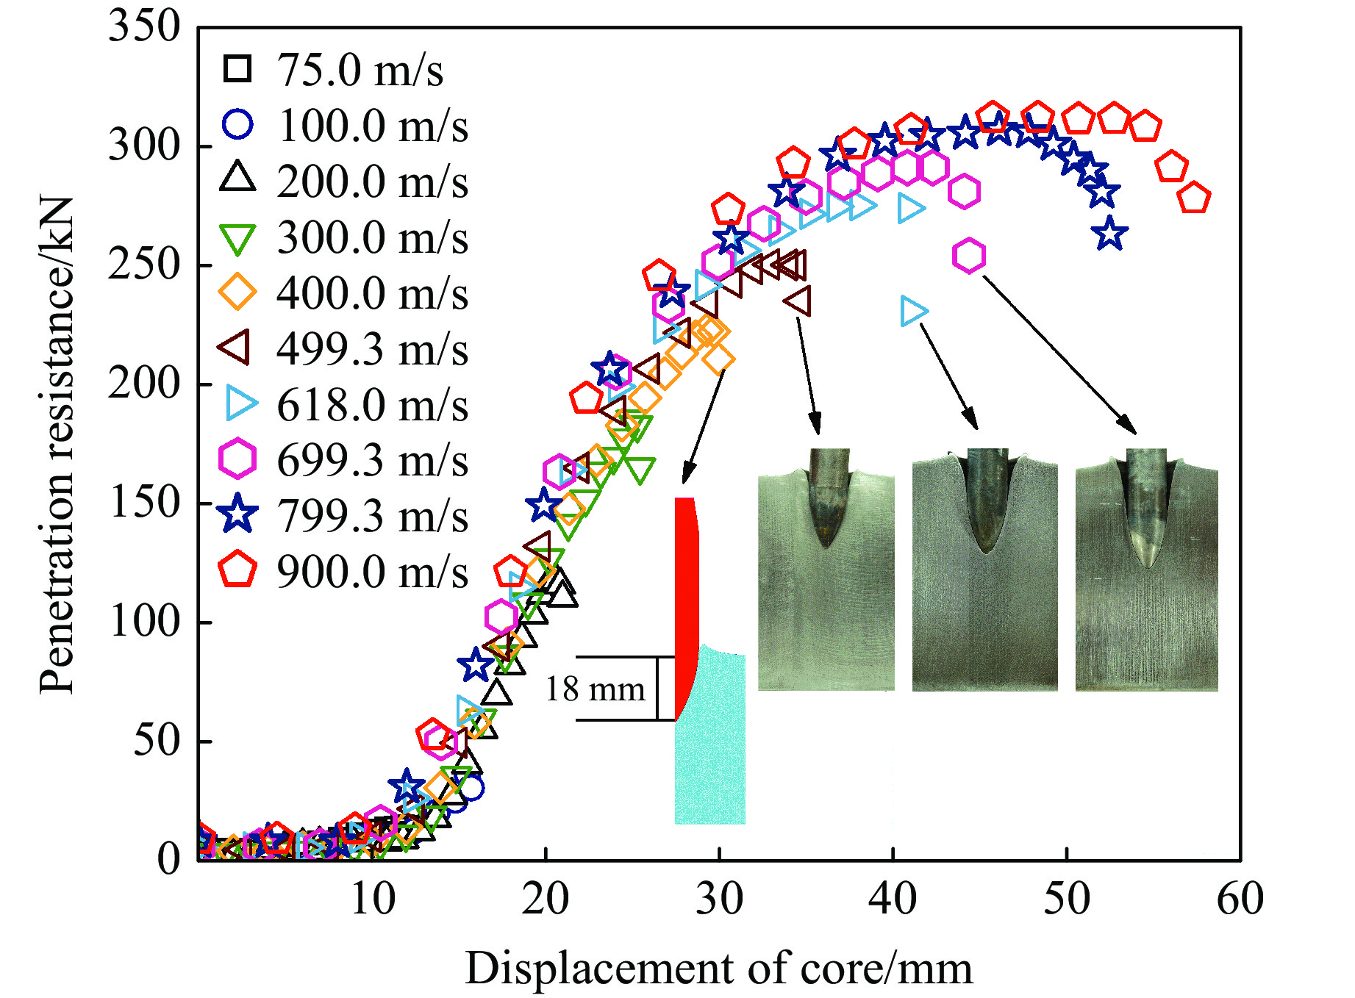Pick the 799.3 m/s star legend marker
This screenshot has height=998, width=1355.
pos(237,514)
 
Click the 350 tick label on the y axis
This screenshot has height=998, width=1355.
pos(144,26)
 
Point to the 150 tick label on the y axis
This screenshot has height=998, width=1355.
pos(144,503)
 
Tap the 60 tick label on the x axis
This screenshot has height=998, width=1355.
pos(1240,900)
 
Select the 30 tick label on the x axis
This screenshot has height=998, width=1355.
pos(719,900)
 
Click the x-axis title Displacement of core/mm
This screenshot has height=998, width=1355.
pos(718,968)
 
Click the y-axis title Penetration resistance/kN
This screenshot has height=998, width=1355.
pos(57,445)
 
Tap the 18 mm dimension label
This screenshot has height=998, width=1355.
pos(595,689)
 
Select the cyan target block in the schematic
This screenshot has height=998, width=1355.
pos(710,742)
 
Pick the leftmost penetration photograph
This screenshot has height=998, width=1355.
pos(826,570)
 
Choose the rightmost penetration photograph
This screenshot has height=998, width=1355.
pos(1146,570)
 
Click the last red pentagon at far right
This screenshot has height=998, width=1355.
pos(1193,198)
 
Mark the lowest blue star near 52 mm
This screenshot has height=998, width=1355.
pos(1109,234)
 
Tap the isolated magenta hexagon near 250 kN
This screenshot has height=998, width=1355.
pos(969,256)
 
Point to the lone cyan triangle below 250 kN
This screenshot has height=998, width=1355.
pos(914,312)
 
